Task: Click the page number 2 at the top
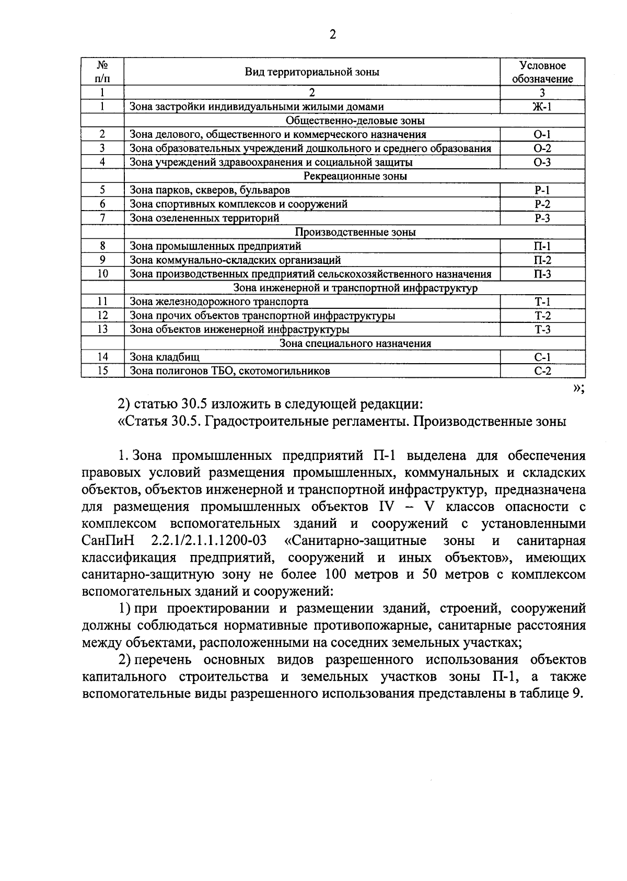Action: (332, 34)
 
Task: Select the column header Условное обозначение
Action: (542, 72)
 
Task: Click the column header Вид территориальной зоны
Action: (312, 72)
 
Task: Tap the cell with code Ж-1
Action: (542, 107)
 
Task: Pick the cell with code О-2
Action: (542, 148)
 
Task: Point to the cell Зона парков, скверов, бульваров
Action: (210, 190)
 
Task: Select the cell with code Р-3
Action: (542, 218)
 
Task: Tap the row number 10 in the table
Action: (103, 273)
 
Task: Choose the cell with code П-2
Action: (542, 260)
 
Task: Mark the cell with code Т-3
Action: (542, 329)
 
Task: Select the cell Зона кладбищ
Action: (165, 357)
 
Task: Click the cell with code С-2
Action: (542, 371)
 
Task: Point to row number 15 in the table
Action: (103, 371)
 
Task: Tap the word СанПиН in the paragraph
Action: (104, 540)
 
